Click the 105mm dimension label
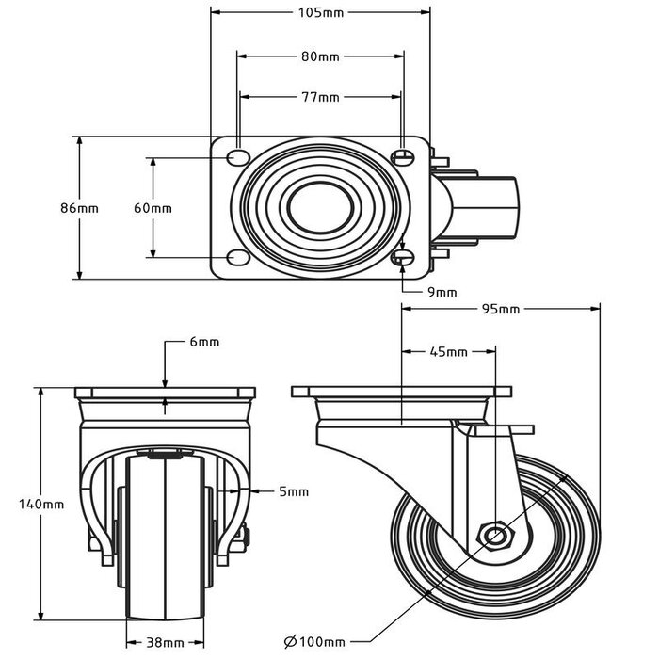pos(320,13)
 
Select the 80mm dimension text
pos(320,56)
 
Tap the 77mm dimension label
pos(320,97)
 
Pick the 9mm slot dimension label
pos(442,292)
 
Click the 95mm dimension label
pos(501,309)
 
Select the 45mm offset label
pos(449,352)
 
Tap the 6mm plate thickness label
pos(204,342)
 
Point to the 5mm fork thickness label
pos(293,491)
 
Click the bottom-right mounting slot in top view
pos(402,258)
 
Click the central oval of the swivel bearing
pos(319,208)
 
